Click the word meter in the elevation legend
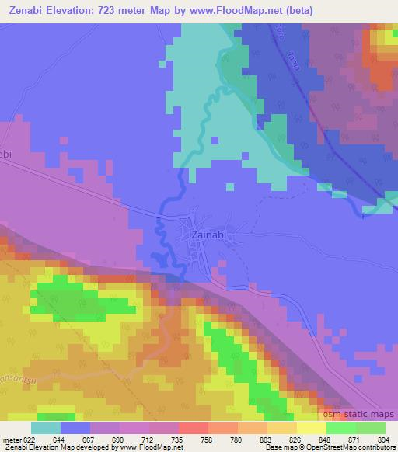pos(12,439)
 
